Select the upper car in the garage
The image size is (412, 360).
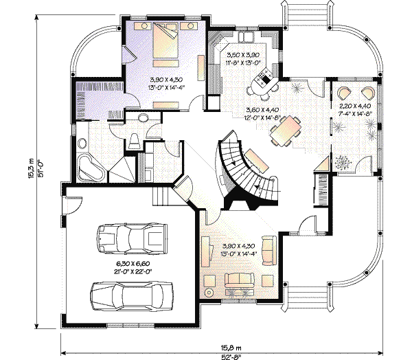coord(130,240)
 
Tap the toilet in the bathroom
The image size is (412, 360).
coord(134,141)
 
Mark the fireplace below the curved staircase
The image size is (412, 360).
coord(240,202)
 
